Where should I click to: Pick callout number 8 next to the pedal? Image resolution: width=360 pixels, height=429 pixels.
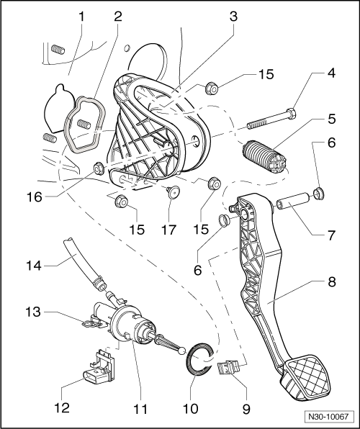click(331, 283)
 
